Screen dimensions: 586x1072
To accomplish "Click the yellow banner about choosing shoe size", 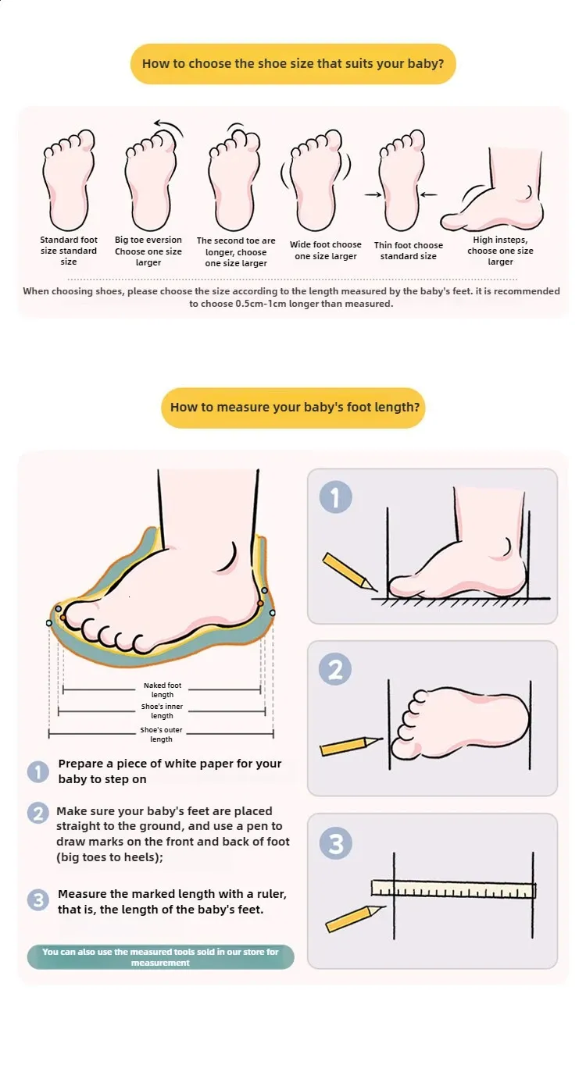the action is click(x=293, y=64).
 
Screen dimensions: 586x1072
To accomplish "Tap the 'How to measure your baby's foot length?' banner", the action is click(x=293, y=408).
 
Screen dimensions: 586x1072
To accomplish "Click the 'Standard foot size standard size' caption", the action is click(x=69, y=251).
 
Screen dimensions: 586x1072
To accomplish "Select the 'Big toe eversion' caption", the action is click(x=148, y=240).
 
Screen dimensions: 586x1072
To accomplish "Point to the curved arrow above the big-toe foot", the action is click(x=170, y=126).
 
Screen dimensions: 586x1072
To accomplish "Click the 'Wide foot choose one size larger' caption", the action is click(x=326, y=251).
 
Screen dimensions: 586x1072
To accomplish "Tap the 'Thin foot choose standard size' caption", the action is click(x=409, y=251).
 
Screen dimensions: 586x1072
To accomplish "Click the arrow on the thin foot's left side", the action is click(x=373, y=194).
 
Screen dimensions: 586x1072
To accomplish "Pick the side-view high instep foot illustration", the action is click(x=493, y=190).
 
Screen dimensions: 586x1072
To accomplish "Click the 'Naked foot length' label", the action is click(x=163, y=689).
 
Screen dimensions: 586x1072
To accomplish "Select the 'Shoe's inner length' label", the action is click(x=162, y=711).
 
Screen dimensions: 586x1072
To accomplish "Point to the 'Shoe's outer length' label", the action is click(x=161, y=734).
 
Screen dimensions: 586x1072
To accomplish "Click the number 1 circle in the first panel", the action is click(x=336, y=497).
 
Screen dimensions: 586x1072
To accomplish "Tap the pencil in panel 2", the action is click(x=352, y=746).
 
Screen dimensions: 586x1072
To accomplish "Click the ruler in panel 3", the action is click(x=453, y=889).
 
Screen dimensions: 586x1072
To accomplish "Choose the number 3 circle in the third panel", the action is click(x=336, y=843).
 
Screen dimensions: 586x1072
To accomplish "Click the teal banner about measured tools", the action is click(x=161, y=956).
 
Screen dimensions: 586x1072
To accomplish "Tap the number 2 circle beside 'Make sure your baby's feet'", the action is click(x=38, y=813).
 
